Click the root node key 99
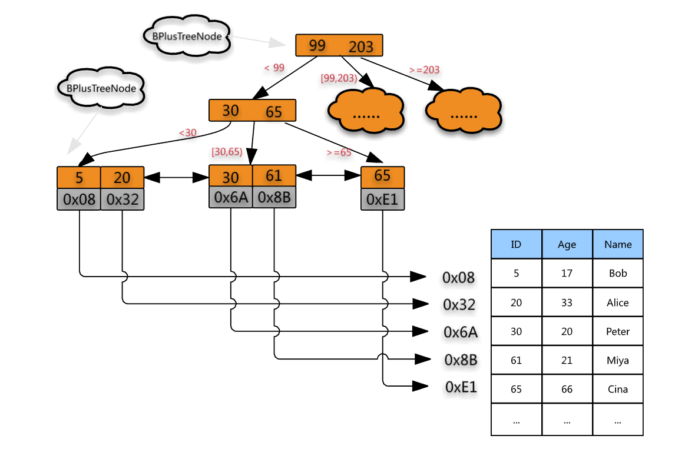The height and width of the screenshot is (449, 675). pos(317,45)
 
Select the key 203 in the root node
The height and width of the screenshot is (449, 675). pos(361,46)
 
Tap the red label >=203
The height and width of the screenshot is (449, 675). pos(424,70)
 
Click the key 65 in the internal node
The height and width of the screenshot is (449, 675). pos(274,111)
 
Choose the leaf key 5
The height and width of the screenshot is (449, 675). pos(79,177)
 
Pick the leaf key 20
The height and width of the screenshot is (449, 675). pos(123,177)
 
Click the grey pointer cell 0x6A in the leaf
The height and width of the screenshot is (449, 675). pos(230,197)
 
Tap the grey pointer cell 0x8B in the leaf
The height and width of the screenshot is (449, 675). pos(274,197)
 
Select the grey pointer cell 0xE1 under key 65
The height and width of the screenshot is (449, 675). pos(383,199)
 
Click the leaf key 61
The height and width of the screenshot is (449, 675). pos(274,176)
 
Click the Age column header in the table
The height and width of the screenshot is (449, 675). pos(567,245)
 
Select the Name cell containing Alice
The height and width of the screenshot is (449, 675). pos(618,302)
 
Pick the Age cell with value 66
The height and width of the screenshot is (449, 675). pos(567,389)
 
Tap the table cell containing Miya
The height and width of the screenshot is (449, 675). pos(618,360)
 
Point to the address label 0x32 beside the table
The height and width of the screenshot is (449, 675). pos(459,304)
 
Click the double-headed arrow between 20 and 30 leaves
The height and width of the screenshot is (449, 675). pos(177,177)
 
